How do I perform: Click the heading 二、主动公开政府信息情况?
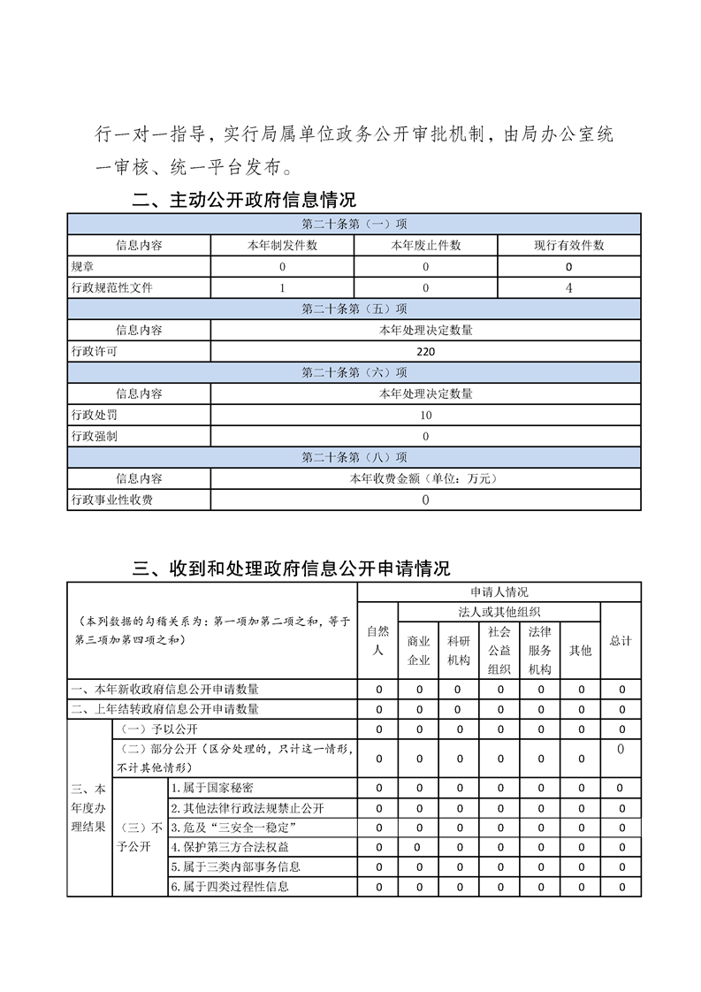point(243,200)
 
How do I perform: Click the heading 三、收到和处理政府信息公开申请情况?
point(291,568)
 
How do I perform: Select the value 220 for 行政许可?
point(425,351)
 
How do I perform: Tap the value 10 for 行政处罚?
point(425,415)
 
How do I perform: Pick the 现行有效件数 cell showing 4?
point(568,287)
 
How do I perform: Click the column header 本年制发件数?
point(282,245)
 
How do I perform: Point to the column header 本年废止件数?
point(425,245)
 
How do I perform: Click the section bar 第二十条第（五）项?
point(354,309)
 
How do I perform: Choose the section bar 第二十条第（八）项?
point(354,457)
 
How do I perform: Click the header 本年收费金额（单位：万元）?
point(425,478)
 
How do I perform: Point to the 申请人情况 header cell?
point(499,591)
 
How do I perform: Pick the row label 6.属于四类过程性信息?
point(230,887)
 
